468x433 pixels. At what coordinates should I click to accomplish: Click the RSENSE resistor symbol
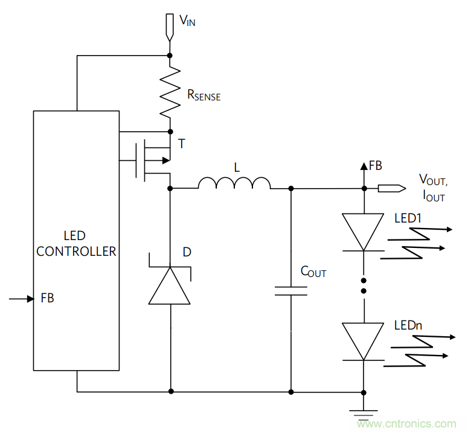[x=170, y=91]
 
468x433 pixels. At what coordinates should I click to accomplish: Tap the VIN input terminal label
[x=187, y=21]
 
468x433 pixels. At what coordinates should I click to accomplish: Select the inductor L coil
[x=234, y=183]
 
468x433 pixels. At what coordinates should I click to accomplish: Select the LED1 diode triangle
[x=364, y=232]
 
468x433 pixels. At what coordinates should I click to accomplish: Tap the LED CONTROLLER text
[x=76, y=243]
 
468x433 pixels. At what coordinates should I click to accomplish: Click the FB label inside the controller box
[x=47, y=298]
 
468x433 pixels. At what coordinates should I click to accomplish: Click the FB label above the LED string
[x=375, y=165]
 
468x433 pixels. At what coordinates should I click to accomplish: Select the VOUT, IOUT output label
[x=434, y=187]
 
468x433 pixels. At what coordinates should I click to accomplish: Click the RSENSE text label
[x=204, y=95]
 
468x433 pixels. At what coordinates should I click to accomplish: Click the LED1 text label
[x=408, y=218]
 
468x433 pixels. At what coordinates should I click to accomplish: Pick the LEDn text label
[x=408, y=325]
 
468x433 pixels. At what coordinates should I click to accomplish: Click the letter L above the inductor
[x=237, y=167]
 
